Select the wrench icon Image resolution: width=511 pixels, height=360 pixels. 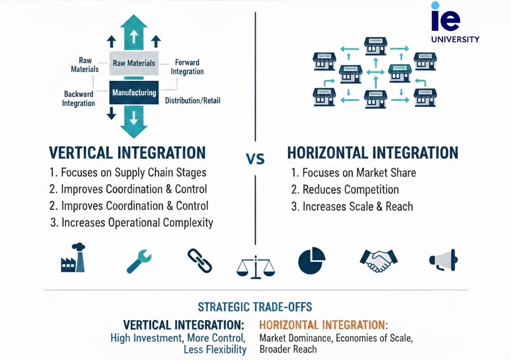click(x=139, y=260)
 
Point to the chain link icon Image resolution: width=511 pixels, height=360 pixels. click(x=200, y=260)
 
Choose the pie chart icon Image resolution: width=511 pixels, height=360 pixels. click(x=311, y=260)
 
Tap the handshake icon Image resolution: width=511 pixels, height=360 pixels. click(x=378, y=260)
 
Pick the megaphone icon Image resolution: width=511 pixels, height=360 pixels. click(x=443, y=260)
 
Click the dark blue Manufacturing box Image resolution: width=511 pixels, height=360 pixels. click(x=134, y=93)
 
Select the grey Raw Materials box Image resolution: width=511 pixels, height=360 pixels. click(x=134, y=63)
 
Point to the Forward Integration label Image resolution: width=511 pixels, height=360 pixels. click(x=187, y=67)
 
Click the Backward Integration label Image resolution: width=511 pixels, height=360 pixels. click(x=78, y=99)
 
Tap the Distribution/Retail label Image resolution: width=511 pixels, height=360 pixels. click(x=192, y=101)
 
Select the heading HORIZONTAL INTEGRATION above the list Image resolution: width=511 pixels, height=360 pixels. click(x=373, y=153)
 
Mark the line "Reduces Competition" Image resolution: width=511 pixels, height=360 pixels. click(x=345, y=189)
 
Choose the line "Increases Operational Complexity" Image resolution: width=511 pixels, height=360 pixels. click(x=132, y=222)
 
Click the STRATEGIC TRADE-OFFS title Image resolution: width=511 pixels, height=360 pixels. click(x=255, y=307)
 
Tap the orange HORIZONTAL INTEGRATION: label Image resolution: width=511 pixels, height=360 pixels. click(x=323, y=325)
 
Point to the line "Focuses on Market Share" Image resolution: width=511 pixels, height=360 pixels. click(x=353, y=173)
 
